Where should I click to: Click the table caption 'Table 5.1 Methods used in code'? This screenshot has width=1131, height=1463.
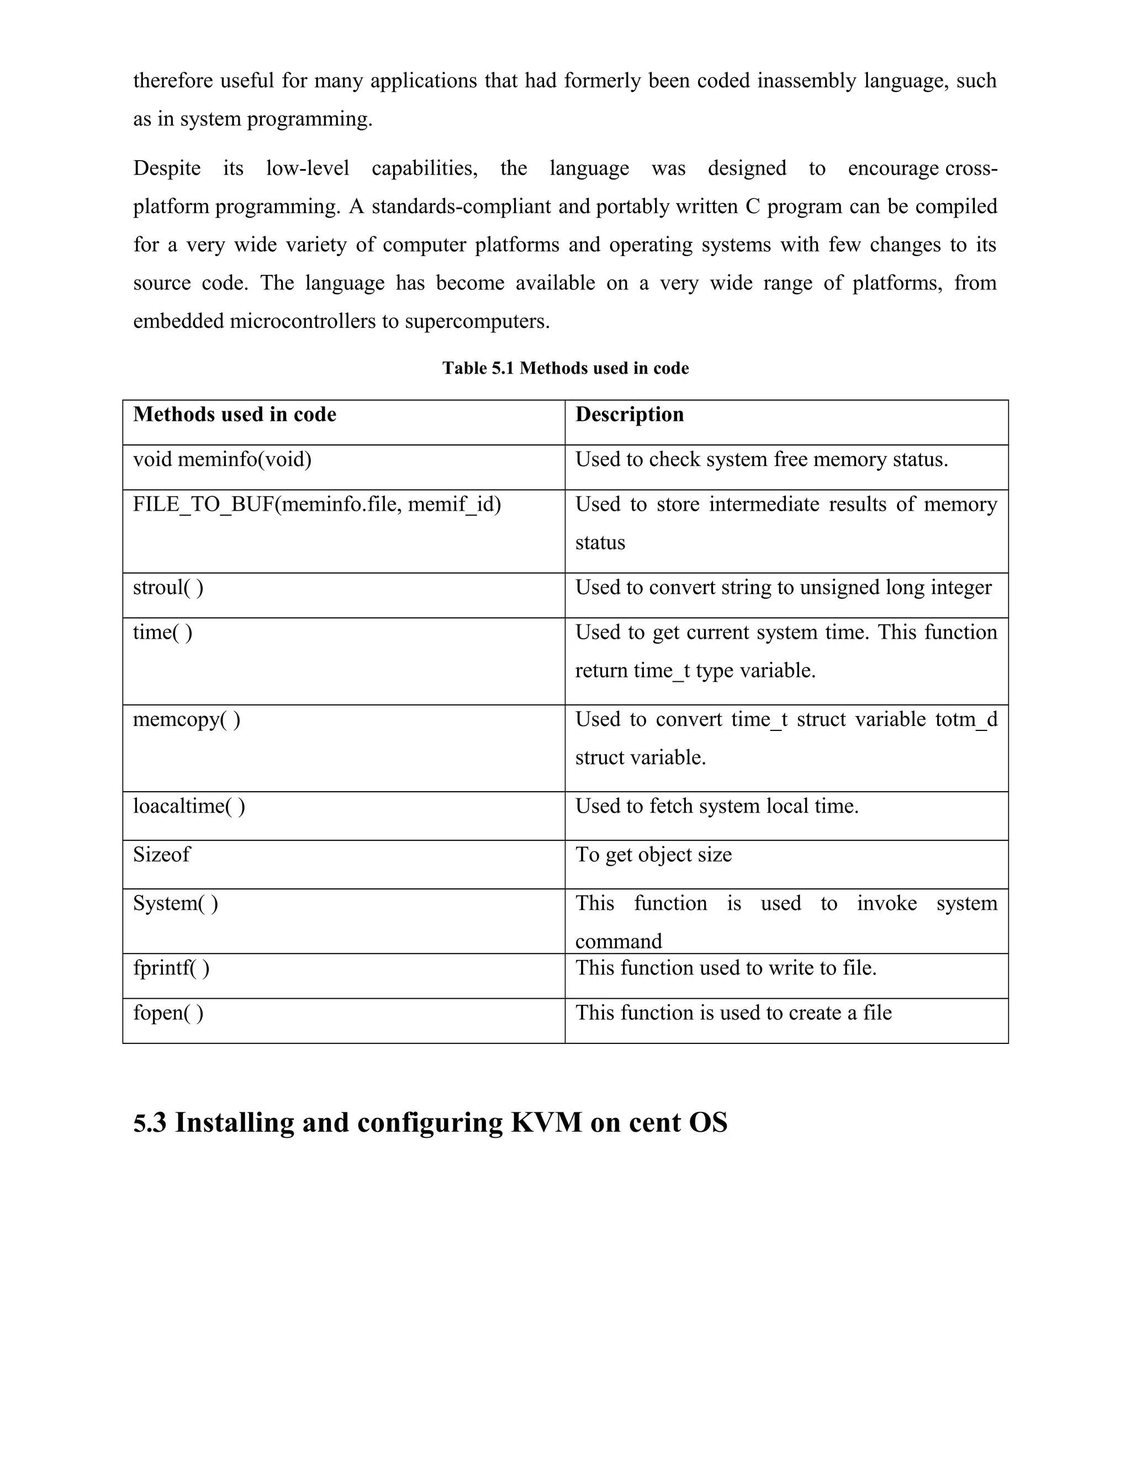pyautogui.click(x=565, y=368)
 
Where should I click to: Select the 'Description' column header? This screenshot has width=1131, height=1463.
pyautogui.click(x=629, y=415)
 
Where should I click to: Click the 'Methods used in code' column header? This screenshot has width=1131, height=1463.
pyautogui.click(x=235, y=415)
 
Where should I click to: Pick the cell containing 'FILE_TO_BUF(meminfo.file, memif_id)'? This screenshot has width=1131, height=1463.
pyautogui.click(x=317, y=505)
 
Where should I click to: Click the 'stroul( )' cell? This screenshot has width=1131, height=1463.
pyautogui.click(x=168, y=588)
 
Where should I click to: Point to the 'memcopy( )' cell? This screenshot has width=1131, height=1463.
pyautogui.click(x=186, y=720)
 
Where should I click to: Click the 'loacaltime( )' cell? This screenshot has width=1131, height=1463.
pyautogui.click(x=189, y=807)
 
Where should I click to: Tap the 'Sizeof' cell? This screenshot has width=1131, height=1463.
pyautogui.click(x=161, y=855)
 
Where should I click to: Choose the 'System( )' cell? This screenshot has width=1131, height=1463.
pyautogui.click(x=176, y=904)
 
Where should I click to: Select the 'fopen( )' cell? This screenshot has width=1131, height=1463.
pyautogui.click(x=168, y=1014)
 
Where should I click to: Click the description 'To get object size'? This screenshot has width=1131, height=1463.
pyautogui.click(x=653, y=855)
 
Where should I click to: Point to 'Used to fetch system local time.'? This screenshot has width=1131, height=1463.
pyautogui.click(x=717, y=807)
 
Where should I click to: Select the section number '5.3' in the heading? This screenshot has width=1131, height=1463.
pyautogui.click(x=150, y=1123)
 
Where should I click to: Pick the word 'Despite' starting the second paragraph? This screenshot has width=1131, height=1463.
pyautogui.click(x=167, y=168)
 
